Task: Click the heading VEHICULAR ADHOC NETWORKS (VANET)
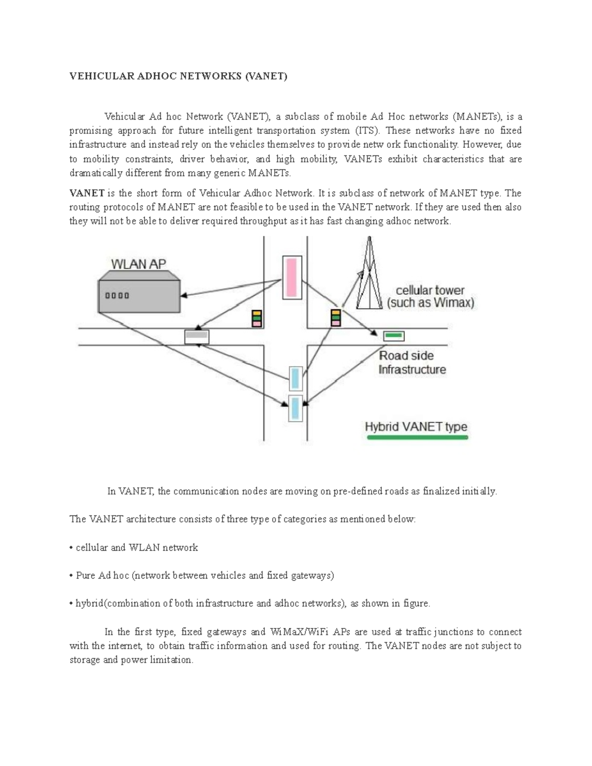(x=178, y=76)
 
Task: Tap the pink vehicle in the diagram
(x=292, y=278)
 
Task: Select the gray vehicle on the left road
(x=197, y=337)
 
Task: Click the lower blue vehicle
(x=295, y=408)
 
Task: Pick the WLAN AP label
(x=138, y=264)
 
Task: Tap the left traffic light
(x=257, y=319)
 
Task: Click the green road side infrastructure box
(x=394, y=336)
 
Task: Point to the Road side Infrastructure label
(x=412, y=363)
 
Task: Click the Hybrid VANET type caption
(x=416, y=427)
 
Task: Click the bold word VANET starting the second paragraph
(x=87, y=193)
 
